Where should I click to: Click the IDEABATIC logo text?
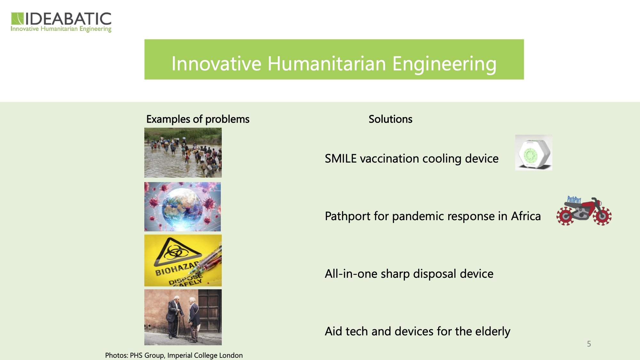pyautogui.click(x=68, y=19)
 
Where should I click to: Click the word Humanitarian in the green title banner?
pyautogui.click(x=327, y=63)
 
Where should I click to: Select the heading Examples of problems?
pyautogui.click(x=198, y=119)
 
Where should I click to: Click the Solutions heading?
pyautogui.click(x=390, y=119)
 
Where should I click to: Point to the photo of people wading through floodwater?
pyautogui.click(x=183, y=153)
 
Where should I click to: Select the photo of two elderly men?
pyautogui.click(x=183, y=317)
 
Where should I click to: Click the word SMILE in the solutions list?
pyautogui.click(x=340, y=158)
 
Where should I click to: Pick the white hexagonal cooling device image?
pyautogui.click(x=533, y=153)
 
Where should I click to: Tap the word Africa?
pyautogui.click(x=526, y=216)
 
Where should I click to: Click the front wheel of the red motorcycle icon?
pyautogui.click(x=602, y=216)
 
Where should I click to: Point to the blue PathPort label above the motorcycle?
pyautogui.click(x=574, y=199)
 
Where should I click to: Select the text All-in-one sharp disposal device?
pyautogui.click(x=409, y=274)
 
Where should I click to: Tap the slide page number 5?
pyautogui.click(x=589, y=344)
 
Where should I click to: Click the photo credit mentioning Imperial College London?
pyautogui.click(x=174, y=355)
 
